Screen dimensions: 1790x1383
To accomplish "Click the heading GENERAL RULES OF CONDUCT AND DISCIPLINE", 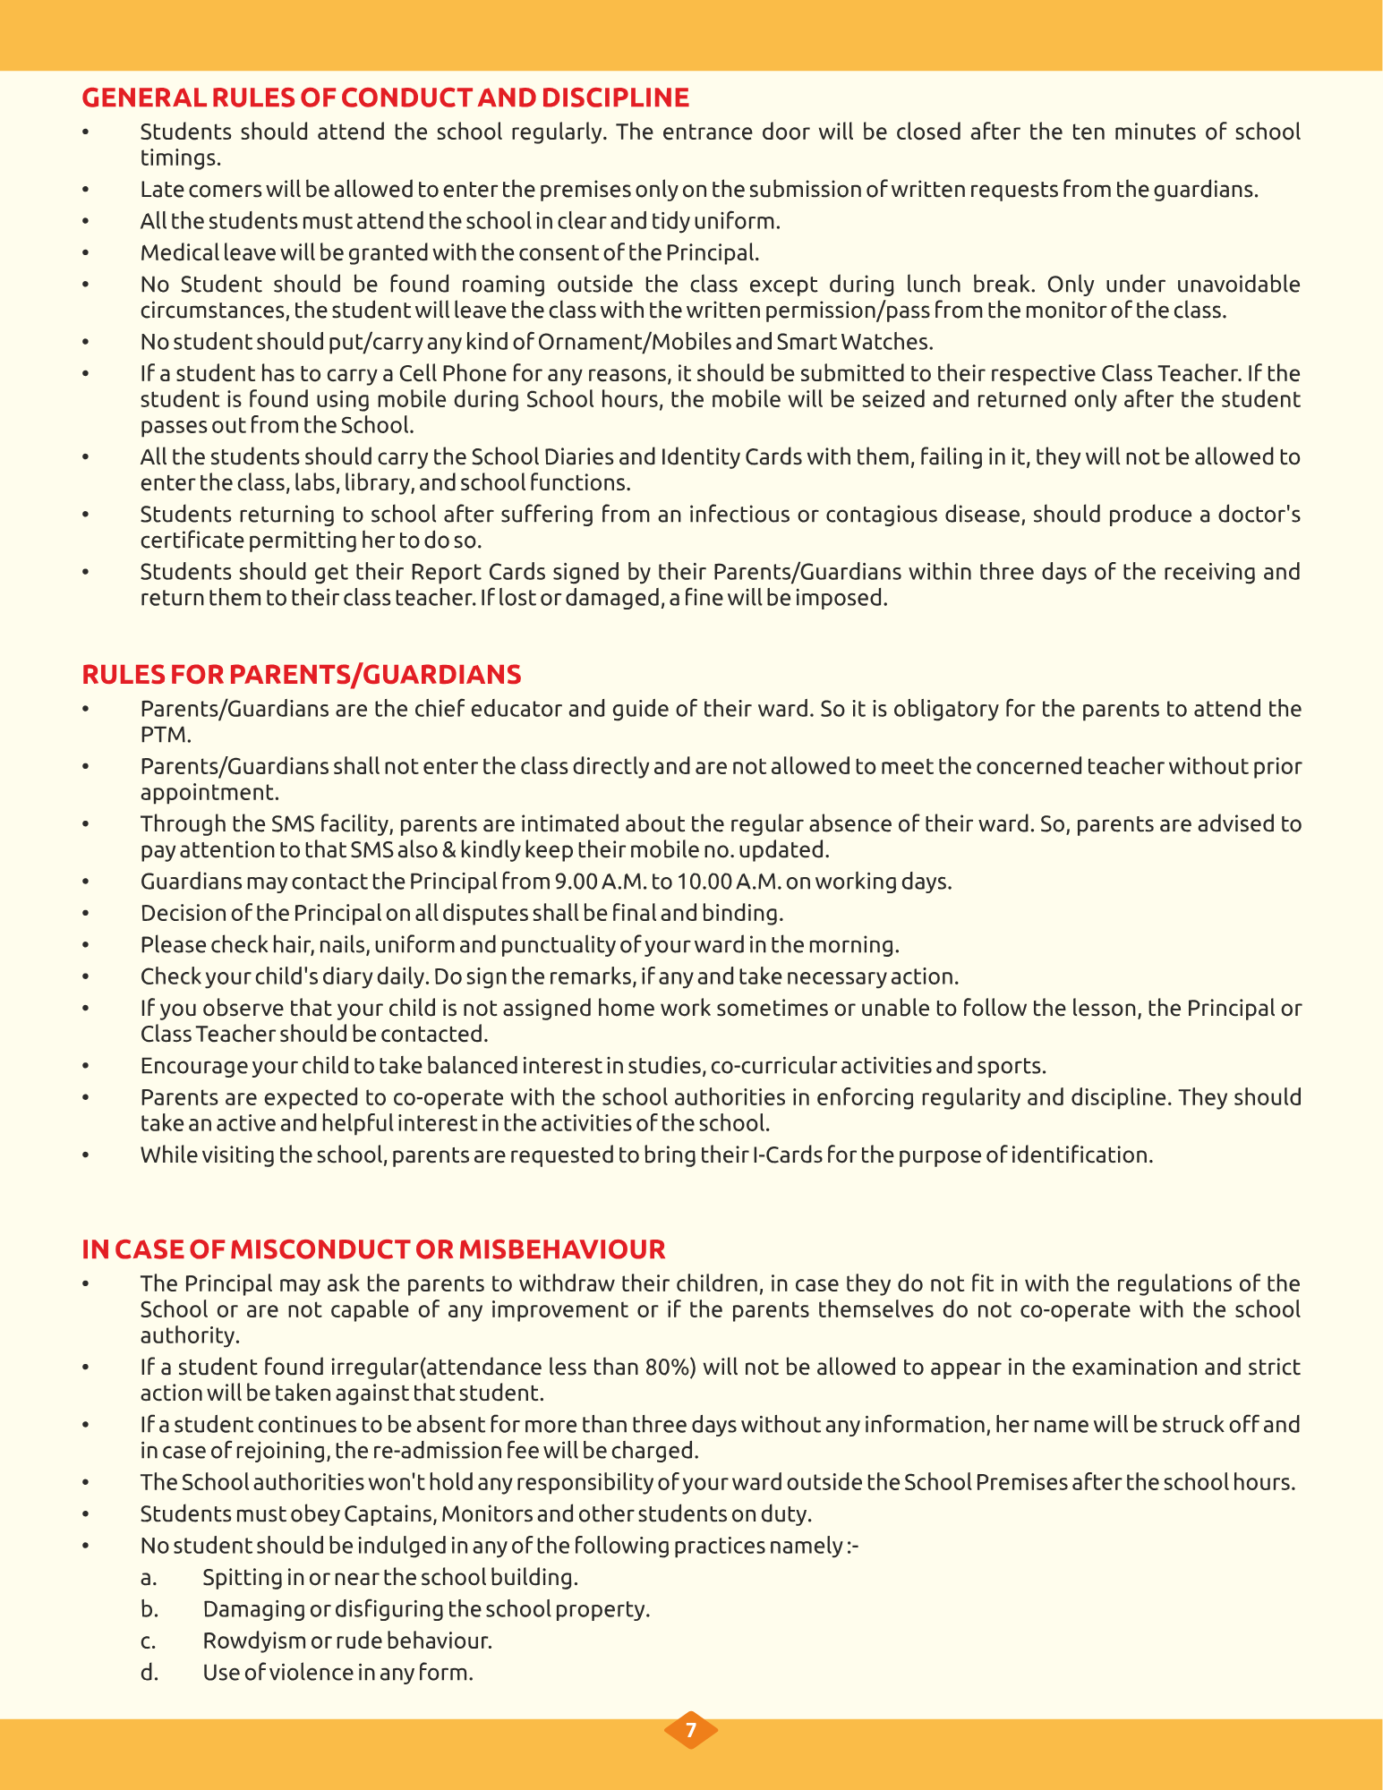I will tap(385, 98).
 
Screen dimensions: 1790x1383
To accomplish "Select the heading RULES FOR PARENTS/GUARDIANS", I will tap(301, 674).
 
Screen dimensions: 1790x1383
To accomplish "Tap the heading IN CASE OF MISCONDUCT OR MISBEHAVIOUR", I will tap(373, 1249).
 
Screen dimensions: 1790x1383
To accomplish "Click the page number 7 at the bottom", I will tap(690, 1730).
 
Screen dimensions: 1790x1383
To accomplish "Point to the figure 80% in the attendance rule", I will tap(671, 1367).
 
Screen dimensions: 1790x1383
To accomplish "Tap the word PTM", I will tap(166, 735).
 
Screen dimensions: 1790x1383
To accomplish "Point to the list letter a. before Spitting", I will tap(149, 1577).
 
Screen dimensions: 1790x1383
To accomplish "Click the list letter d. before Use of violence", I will tap(149, 1672).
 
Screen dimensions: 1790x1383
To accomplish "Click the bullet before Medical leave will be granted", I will tap(86, 253).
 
